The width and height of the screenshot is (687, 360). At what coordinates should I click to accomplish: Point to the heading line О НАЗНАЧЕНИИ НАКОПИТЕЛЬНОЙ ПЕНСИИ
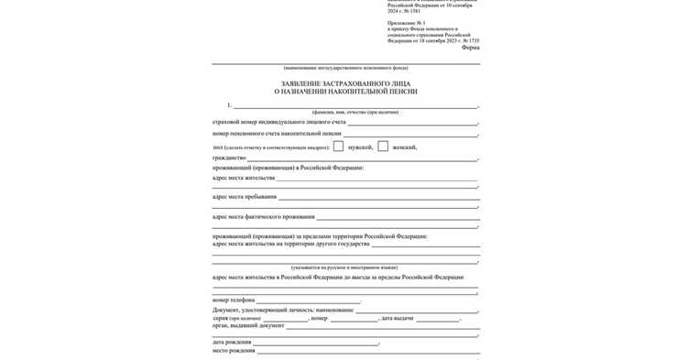coord(345,93)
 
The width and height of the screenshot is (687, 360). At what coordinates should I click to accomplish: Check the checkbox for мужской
coord(338,146)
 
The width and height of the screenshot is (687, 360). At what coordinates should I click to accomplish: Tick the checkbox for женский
coord(383,146)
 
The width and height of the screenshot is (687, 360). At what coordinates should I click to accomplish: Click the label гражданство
coord(229,158)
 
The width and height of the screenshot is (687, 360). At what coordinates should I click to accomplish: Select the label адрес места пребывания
coord(243,197)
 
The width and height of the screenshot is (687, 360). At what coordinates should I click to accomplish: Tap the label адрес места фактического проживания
coord(263,217)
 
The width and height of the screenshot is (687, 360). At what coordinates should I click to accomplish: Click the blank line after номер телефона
coord(308,300)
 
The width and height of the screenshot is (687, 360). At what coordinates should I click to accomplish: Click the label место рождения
coord(233,350)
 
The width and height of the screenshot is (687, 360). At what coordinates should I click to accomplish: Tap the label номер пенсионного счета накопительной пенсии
coord(276,134)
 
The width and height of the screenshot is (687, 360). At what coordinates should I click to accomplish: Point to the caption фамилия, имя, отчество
coord(345,111)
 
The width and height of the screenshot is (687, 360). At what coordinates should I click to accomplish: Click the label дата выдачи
coord(397,318)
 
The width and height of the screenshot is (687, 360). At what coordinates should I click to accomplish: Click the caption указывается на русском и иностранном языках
coord(345,267)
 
